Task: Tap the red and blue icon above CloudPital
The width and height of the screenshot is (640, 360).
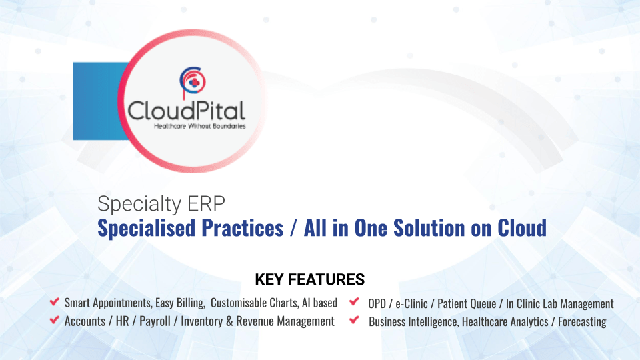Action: [193, 81]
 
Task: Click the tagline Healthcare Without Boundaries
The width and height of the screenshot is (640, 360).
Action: [199, 125]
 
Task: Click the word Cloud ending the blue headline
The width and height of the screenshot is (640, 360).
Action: [522, 228]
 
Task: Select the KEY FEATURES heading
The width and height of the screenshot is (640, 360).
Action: [310, 279]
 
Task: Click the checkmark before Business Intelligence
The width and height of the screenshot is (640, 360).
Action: [355, 321]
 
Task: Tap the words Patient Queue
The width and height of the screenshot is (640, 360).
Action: [467, 303]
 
